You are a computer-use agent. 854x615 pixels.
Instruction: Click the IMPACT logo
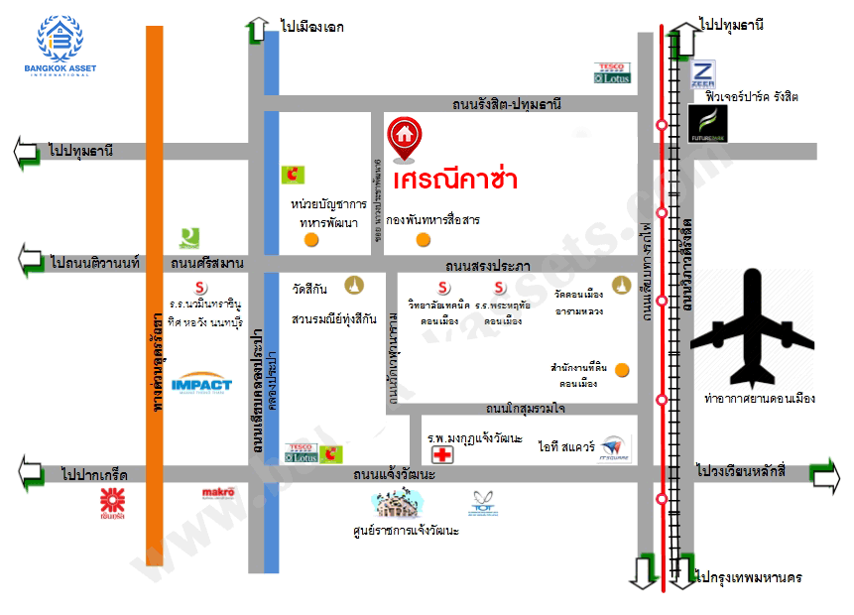pyautogui.click(x=201, y=385)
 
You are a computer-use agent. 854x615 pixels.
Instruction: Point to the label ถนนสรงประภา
pyautogui.click(x=488, y=266)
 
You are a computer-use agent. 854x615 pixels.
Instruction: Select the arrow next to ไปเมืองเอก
pyautogui.click(x=256, y=29)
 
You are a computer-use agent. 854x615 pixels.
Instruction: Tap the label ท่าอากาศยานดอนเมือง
pyautogui.click(x=759, y=399)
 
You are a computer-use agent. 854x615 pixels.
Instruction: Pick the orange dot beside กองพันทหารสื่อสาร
pyautogui.click(x=424, y=239)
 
